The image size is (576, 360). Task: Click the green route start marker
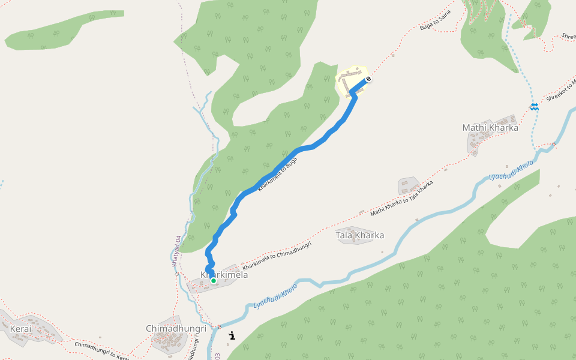[x=213, y=280]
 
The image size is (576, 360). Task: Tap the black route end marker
[x=368, y=79]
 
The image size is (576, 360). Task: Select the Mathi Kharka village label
[x=490, y=127]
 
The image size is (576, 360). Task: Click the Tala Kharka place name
[x=359, y=235]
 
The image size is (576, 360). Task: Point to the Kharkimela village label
[x=224, y=275]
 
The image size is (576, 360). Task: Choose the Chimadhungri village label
[x=176, y=329]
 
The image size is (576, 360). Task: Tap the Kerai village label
[x=20, y=329]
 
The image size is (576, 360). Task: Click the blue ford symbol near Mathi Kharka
[x=534, y=107]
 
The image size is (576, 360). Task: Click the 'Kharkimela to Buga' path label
[x=277, y=174]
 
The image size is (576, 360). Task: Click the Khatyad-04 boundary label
[x=176, y=251]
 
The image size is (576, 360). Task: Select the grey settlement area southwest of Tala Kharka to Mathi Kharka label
[x=408, y=185]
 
